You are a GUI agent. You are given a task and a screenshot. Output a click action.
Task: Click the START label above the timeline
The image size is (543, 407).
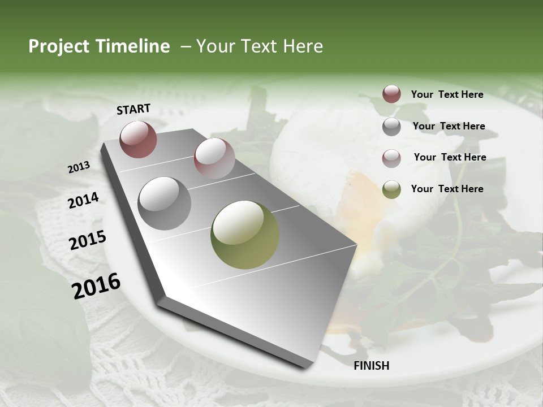tap(133, 109)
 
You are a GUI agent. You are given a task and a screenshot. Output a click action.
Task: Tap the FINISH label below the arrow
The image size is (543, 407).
tap(372, 366)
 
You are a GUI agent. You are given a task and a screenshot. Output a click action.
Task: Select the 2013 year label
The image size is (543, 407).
tap(79, 167)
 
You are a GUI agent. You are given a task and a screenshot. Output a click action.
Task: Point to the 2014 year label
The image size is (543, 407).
tap(84, 200)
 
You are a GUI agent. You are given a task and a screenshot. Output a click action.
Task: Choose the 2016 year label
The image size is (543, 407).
tap(96, 285)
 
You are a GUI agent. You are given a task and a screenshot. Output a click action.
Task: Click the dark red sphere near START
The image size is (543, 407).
tap(139, 139)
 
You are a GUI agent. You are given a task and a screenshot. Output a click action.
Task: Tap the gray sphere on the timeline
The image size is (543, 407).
tap(165, 203)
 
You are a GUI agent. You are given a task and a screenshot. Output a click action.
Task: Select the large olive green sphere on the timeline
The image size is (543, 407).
tap(245, 235)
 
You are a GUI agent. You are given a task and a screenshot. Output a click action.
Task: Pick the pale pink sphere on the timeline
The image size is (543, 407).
tap(214, 158)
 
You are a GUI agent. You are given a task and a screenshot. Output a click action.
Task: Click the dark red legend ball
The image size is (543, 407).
tap(391, 94)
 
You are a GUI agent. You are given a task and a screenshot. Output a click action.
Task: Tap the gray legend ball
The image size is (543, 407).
tap(391, 127)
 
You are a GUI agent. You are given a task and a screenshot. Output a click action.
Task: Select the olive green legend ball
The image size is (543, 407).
tap(391, 189)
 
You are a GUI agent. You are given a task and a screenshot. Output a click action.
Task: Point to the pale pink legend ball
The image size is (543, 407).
tap(391, 158)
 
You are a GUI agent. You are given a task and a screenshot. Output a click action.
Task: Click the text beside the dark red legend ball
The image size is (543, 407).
tap(447, 94)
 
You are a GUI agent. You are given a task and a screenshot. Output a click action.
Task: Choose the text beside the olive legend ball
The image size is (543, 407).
tap(447, 189)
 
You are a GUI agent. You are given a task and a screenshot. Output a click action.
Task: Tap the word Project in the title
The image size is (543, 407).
tap(59, 47)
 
